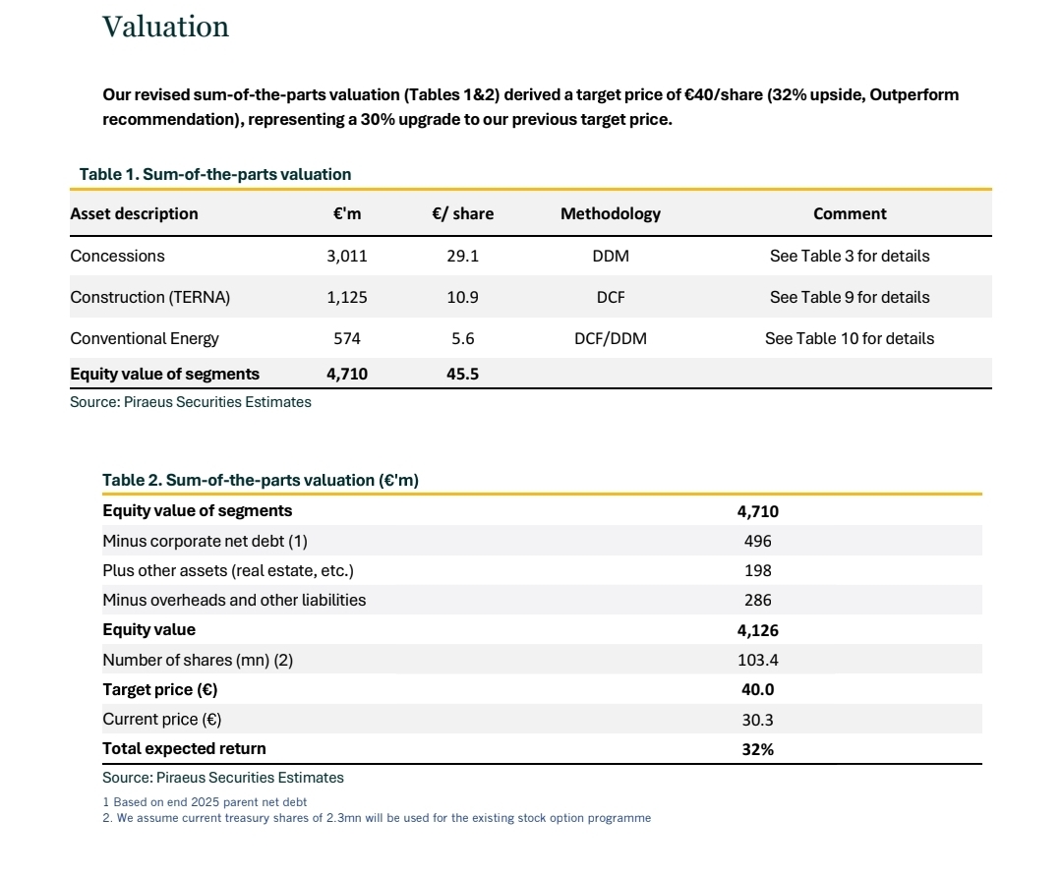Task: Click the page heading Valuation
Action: (165, 28)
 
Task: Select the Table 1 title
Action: (215, 174)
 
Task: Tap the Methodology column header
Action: (610, 213)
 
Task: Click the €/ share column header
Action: (462, 213)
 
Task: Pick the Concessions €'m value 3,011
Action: (346, 256)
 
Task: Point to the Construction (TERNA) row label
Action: (149, 297)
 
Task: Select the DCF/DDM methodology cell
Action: (610, 338)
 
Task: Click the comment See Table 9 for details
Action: (849, 297)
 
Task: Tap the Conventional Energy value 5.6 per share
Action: (462, 338)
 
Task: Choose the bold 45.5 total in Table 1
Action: (462, 374)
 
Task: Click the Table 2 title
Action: (261, 480)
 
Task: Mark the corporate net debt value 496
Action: (757, 541)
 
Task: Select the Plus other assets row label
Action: (227, 570)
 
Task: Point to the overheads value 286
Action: (757, 600)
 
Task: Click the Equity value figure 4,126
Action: (757, 630)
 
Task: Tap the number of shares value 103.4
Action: (757, 661)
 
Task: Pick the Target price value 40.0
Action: (757, 690)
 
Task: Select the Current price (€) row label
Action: (161, 720)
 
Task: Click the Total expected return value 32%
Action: (757, 749)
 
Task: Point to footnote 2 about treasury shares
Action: (377, 818)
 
